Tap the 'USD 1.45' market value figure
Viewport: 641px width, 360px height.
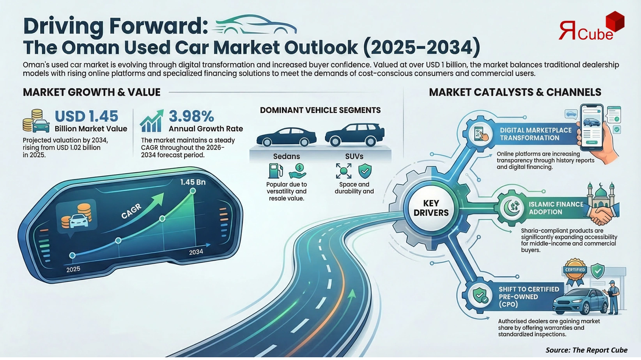[86, 116]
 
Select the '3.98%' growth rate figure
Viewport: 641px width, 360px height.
[191, 116]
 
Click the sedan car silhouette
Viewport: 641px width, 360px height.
[286, 137]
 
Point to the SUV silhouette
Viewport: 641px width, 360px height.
[354, 135]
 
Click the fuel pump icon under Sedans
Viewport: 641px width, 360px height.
[275, 171]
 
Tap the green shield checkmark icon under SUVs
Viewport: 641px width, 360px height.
[365, 171]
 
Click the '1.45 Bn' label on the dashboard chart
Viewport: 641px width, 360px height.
[193, 182]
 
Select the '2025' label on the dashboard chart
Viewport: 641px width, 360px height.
[73, 269]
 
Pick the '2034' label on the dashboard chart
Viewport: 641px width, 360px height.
[196, 252]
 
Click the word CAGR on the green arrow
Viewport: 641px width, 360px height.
[131, 212]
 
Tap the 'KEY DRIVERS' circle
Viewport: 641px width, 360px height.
[431, 208]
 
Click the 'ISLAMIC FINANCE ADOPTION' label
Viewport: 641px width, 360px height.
[556, 208]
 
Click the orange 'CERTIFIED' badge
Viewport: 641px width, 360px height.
[575, 270]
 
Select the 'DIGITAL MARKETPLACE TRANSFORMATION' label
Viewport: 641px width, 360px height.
[535, 134]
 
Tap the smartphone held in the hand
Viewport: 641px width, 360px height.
[591, 127]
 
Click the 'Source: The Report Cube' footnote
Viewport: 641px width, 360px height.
[586, 350]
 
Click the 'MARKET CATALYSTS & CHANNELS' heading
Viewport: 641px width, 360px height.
[515, 92]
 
